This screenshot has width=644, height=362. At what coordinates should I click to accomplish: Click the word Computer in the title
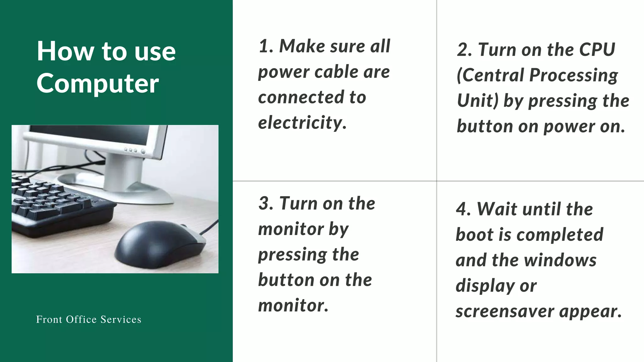click(x=98, y=84)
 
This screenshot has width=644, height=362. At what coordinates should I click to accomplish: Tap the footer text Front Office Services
click(x=89, y=319)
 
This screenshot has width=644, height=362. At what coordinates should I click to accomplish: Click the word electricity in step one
click(x=302, y=123)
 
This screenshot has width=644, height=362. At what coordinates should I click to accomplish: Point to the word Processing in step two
click(x=574, y=76)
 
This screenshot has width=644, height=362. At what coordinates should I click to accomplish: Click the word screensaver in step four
click(x=505, y=312)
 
